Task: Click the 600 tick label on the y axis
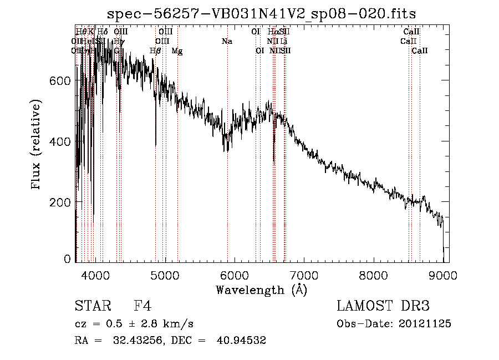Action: [62, 81]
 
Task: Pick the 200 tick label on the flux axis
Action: [62, 202]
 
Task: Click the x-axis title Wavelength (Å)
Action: [261, 289]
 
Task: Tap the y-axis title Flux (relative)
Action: [37, 145]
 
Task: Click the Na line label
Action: [227, 41]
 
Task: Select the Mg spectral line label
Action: [177, 50]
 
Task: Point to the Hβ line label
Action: [155, 50]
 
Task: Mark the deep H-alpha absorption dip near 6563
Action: [274, 158]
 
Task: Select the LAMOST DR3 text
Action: [383, 306]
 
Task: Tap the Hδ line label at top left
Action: [103, 32]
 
